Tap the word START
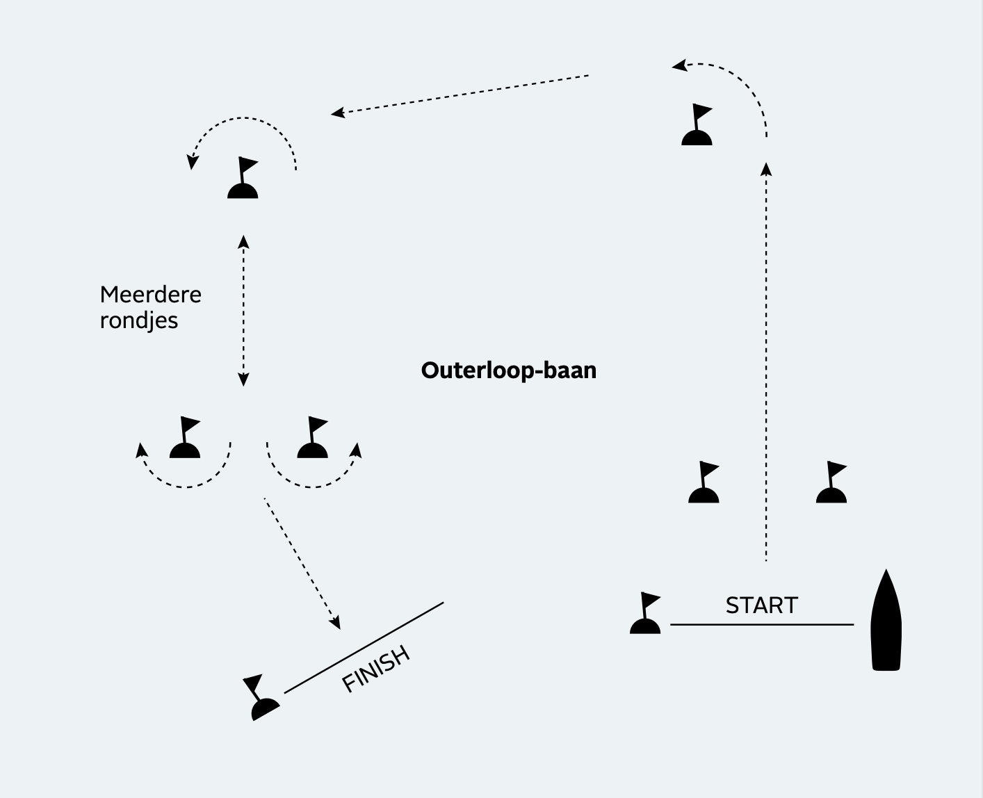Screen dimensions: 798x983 [x=761, y=605]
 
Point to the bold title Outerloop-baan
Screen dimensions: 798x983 [x=509, y=370]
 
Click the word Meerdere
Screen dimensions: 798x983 [x=150, y=295]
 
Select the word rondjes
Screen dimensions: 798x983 [x=139, y=320]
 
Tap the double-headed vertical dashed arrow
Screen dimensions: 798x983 [x=243, y=311]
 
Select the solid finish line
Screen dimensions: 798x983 [x=364, y=647]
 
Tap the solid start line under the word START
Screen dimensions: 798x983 [x=761, y=625]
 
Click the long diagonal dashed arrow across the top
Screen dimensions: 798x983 [x=460, y=94]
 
